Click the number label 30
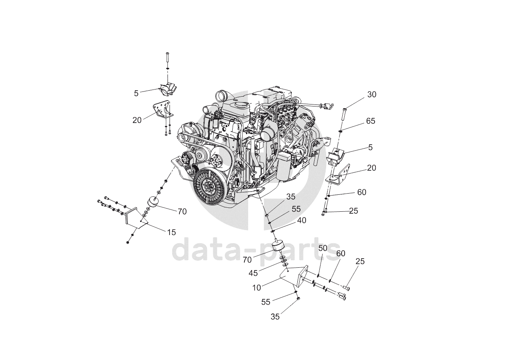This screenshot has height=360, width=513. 372,95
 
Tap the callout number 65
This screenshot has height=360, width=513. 371,121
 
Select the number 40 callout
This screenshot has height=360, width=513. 301,220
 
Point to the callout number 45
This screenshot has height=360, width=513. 253,273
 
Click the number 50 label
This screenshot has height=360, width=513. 323,248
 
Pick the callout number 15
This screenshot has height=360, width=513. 171,233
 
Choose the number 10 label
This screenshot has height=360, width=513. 256,288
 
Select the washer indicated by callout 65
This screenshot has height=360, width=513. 341,131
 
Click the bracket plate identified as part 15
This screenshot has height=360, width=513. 136,218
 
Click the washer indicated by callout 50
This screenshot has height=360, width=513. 318,275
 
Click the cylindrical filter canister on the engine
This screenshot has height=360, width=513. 284,166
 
